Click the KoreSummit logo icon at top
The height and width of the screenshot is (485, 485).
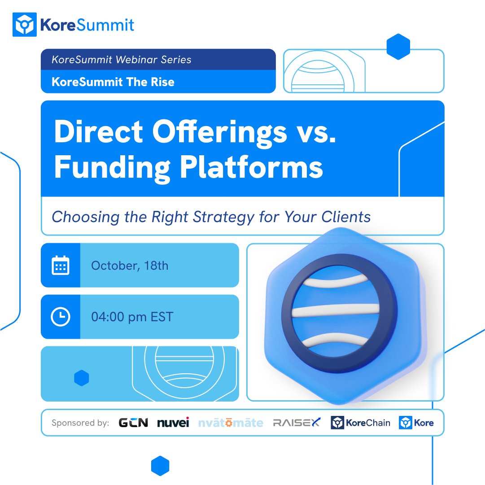24,24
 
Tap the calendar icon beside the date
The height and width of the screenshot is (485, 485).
60,265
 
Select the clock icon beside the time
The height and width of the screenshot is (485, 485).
60,317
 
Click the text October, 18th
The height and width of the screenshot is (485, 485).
130,266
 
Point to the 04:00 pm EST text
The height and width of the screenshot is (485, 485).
132,317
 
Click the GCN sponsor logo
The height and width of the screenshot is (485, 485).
133,423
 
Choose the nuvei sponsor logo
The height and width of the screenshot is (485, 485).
173,423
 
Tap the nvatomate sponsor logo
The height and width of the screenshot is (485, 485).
231,423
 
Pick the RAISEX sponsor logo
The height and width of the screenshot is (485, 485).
297,423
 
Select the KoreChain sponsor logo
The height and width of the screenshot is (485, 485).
361,423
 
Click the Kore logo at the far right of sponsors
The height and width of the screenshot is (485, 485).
416,423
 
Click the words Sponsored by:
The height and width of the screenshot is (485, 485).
80,423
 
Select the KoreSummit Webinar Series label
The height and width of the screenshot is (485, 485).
121,60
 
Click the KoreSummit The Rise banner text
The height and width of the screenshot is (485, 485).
113,82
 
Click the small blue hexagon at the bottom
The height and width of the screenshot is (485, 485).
160,466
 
